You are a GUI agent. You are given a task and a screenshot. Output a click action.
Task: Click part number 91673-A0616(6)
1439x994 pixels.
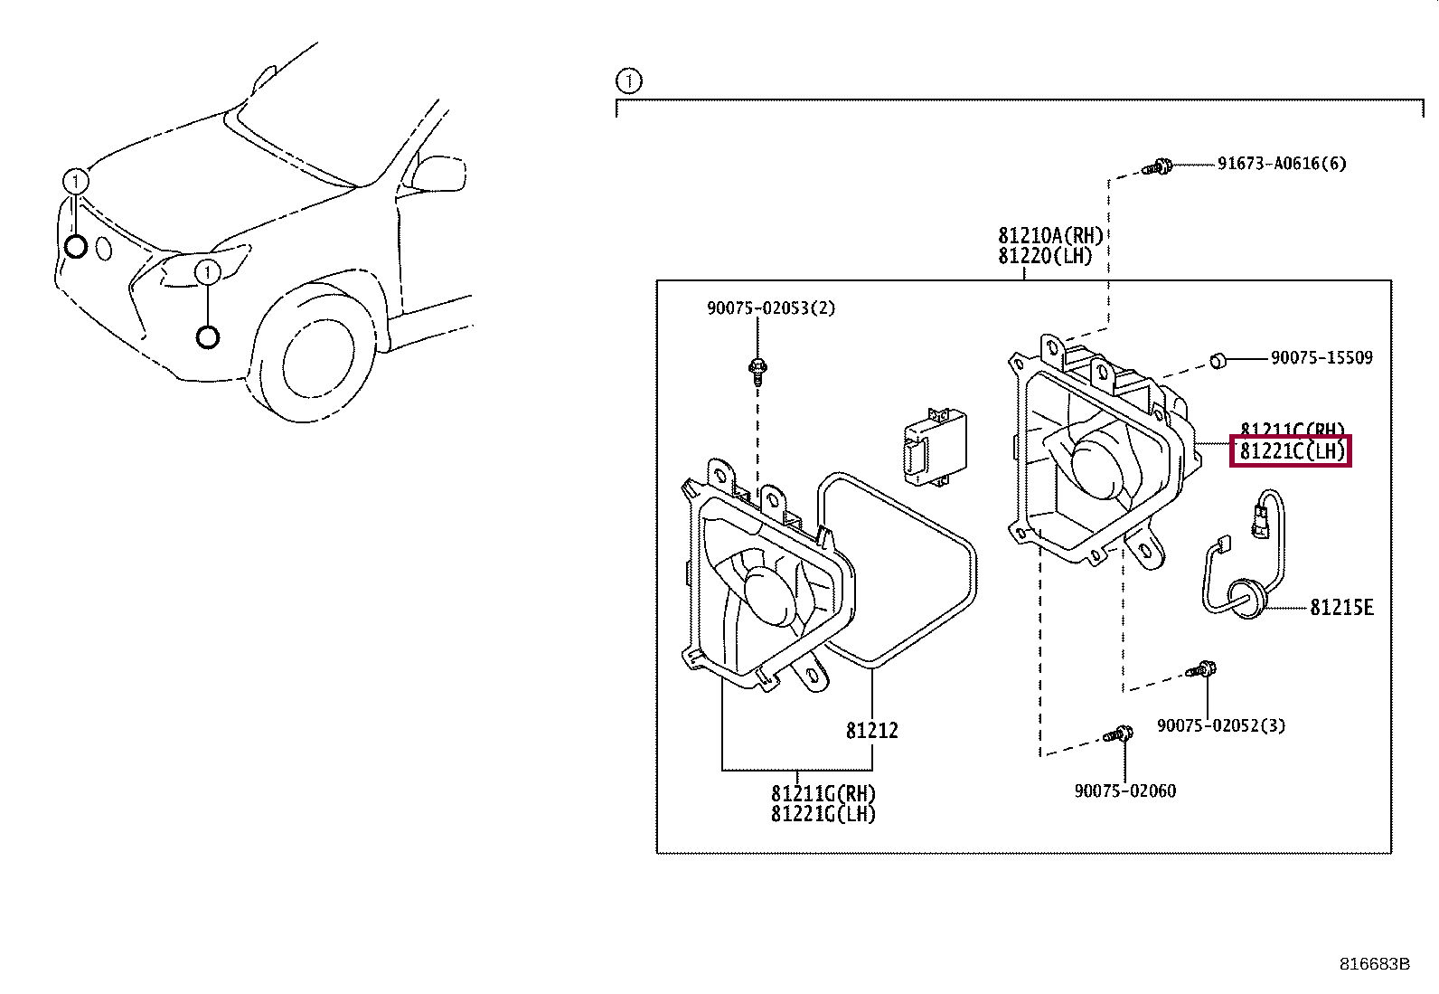[1281, 164]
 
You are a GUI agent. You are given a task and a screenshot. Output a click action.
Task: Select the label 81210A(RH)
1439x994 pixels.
[1050, 236]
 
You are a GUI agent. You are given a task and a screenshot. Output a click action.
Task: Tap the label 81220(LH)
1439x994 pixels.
[1045, 256]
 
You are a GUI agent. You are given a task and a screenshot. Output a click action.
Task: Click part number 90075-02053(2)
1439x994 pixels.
[771, 308]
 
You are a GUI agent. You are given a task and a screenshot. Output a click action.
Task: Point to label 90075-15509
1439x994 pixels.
[1321, 358]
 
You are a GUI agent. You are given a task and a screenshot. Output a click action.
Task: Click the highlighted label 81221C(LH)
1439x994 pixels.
[1291, 450]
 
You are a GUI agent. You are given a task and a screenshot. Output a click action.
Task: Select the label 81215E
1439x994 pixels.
[1341, 608]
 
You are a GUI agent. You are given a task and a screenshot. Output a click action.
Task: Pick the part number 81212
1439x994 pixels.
[872, 730]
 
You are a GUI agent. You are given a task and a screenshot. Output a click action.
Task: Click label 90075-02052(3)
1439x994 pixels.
[1220, 725]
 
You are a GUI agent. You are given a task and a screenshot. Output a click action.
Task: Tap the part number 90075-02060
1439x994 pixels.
[1125, 790]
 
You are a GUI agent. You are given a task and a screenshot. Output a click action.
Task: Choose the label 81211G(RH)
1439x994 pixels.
[823, 793]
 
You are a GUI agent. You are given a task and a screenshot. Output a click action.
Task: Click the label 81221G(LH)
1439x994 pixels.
[823, 813]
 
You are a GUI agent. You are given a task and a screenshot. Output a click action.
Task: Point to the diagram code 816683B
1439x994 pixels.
[1374, 964]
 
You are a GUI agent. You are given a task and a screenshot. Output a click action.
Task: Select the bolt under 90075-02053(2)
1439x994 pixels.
[757, 367]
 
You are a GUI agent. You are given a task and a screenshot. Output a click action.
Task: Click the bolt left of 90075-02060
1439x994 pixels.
[1119, 734]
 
